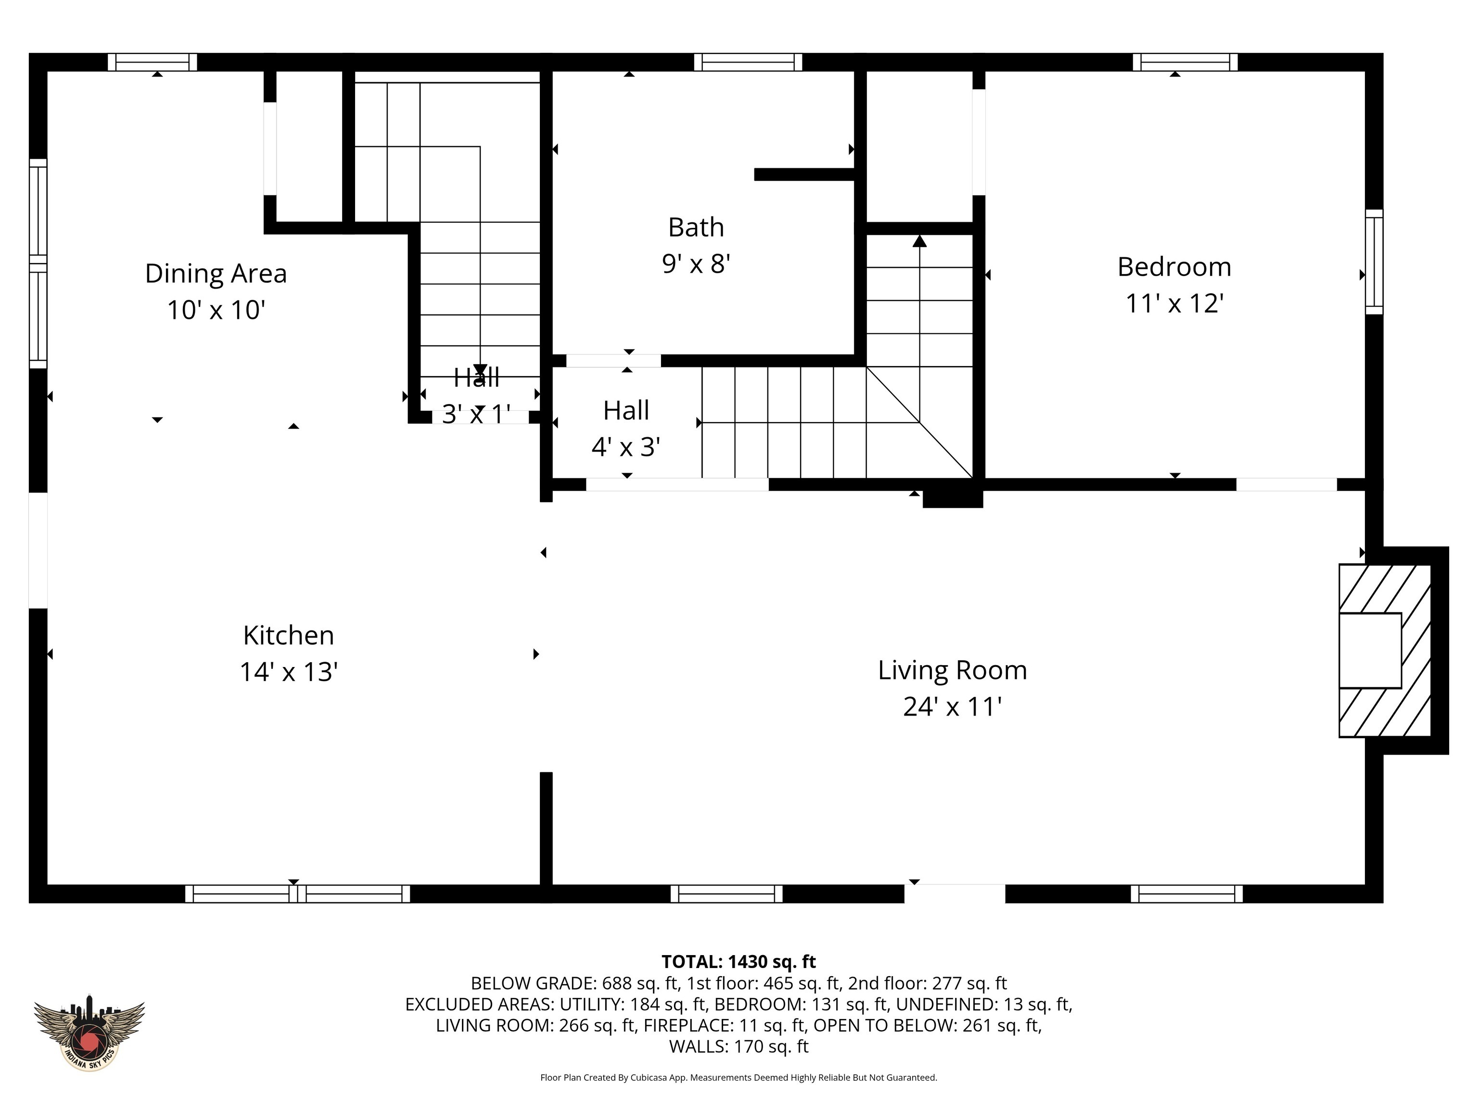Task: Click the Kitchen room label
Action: [x=288, y=635]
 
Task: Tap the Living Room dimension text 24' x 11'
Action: [x=952, y=706]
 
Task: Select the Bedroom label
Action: [x=1174, y=267]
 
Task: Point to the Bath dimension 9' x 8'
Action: [x=696, y=264]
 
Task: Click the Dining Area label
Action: [x=216, y=274]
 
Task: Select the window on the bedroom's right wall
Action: [x=1374, y=261]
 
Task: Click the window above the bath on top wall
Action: [x=748, y=62]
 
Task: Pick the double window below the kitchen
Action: [x=297, y=894]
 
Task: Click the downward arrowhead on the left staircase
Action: [x=480, y=369]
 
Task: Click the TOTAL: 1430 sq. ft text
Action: [x=739, y=962]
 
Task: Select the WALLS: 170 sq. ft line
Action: [x=739, y=1046]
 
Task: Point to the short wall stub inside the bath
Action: [x=804, y=174]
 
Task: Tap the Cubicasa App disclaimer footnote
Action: [x=739, y=1077]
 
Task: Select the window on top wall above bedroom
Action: [x=1185, y=62]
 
